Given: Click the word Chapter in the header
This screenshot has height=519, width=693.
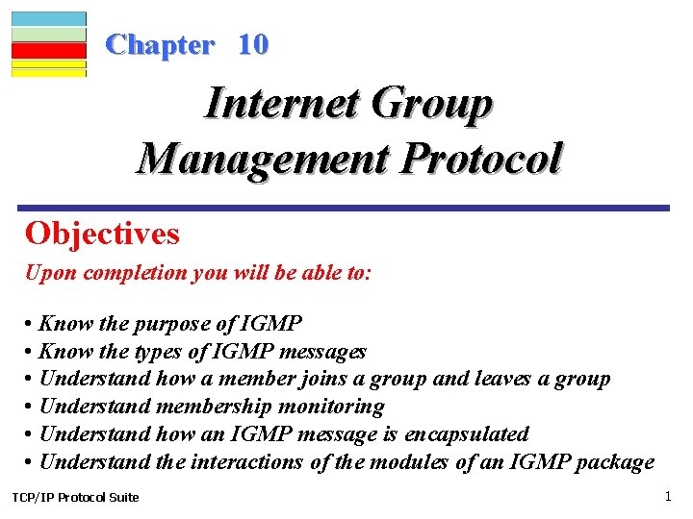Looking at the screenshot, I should (160, 44).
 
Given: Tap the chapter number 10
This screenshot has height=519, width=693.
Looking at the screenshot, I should (253, 44).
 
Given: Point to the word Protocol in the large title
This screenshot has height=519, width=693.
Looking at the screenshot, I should (481, 158).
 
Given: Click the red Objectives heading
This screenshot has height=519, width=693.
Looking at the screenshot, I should (102, 234).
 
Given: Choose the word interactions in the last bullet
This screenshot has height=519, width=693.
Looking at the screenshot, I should (246, 462).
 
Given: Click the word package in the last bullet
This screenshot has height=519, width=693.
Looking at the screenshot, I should (615, 462).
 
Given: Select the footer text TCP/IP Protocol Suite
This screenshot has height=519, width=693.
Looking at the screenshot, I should (75, 497).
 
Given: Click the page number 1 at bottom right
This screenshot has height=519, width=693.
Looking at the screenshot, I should (667, 496).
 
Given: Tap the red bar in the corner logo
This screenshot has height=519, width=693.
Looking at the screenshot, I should (49, 50).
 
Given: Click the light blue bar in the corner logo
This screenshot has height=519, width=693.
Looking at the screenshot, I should (49, 18).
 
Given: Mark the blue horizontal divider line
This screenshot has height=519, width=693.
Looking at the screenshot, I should (344, 208).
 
